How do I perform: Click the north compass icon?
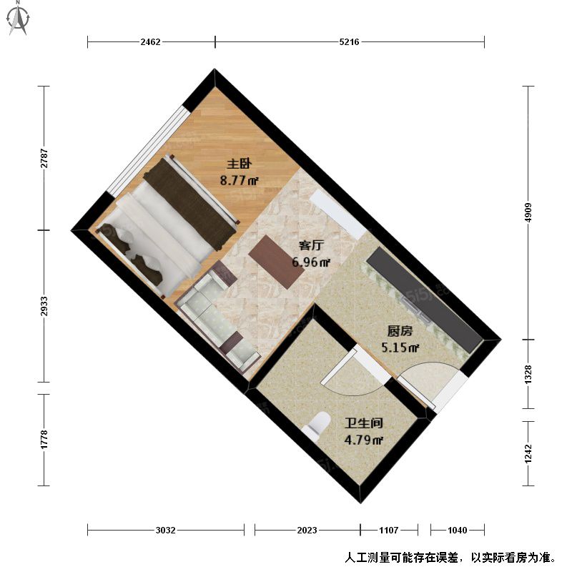click(18, 19)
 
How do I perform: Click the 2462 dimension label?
click(150, 42)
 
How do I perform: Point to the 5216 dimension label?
click(349, 42)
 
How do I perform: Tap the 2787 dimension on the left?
click(44, 158)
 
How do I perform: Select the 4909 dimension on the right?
click(528, 212)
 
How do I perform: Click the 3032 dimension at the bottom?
click(166, 530)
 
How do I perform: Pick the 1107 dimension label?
click(388, 530)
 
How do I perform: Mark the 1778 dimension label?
click(44, 440)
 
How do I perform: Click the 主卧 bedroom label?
click(240, 164)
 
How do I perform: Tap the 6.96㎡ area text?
click(311, 262)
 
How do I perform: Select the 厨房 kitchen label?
click(400, 331)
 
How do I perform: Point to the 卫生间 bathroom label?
click(364, 423)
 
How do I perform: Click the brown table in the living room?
click(277, 262)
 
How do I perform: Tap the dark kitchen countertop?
click(424, 300)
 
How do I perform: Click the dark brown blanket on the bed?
click(189, 204)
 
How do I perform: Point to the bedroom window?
click(149, 152)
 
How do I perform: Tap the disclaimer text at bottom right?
click(451, 558)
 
